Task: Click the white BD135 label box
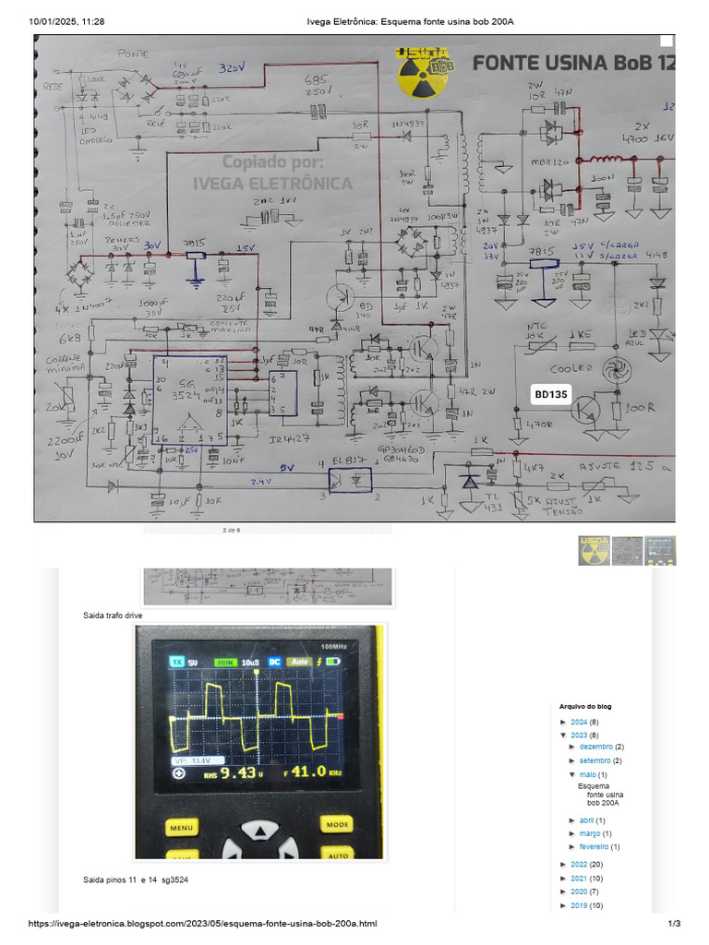[553, 394]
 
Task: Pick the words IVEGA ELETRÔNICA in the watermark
[272, 183]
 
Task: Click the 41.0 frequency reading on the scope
[308, 772]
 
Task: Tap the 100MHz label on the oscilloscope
[334, 647]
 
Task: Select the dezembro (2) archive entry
[601, 747]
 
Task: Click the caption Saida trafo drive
[113, 615]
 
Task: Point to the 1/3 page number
[674, 924]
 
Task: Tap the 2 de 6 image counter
[231, 531]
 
